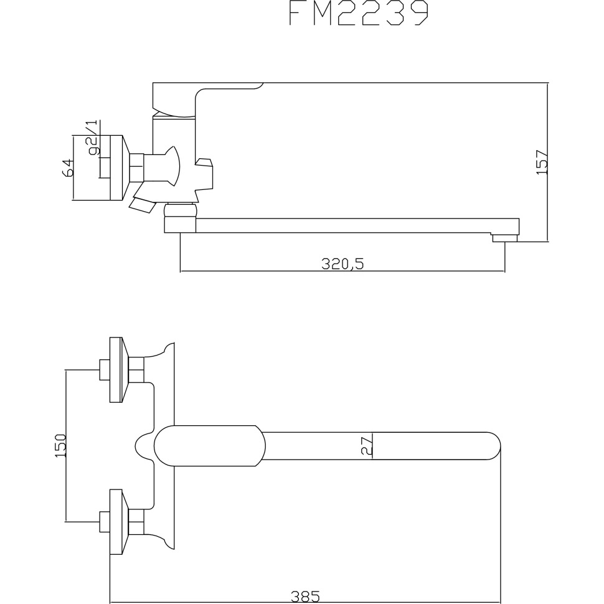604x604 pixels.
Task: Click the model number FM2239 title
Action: coord(359,14)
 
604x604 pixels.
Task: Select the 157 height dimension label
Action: coord(542,162)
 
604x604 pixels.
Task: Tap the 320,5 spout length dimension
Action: coord(342,264)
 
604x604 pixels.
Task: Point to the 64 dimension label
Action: coord(68,168)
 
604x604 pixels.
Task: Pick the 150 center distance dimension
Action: coord(60,446)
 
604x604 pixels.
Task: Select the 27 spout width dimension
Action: coord(366,446)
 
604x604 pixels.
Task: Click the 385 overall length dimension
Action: coord(305,597)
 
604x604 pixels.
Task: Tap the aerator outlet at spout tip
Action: coord(504,238)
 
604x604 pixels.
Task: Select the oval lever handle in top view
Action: coord(209,446)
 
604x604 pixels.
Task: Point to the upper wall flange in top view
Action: coord(116,370)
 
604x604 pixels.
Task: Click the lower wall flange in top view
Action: coord(116,522)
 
